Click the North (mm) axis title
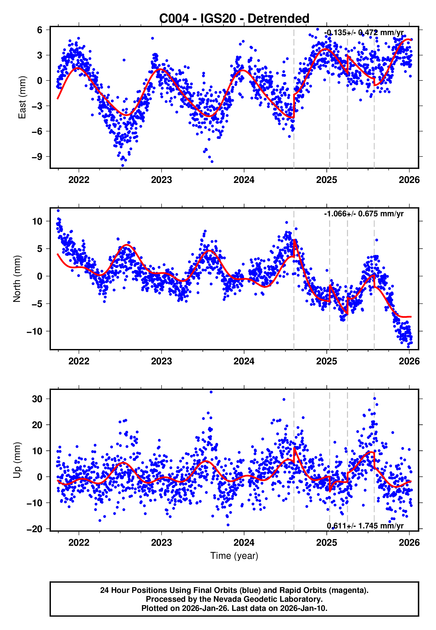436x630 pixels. [x=17, y=279]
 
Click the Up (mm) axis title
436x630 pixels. [x=17, y=460]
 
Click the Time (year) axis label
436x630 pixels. [x=234, y=556]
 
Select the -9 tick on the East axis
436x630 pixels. [x=37, y=157]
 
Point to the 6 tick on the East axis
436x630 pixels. [x=40, y=30]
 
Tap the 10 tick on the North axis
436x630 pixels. [x=37, y=221]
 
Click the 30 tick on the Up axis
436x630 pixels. [x=37, y=399]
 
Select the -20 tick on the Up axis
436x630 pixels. [x=35, y=529]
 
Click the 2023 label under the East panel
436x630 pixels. [x=162, y=180]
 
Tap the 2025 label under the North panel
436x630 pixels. [x=326, y=361]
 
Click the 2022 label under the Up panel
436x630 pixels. [x=79, y=542]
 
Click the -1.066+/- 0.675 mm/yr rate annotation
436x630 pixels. [x=364, y=214]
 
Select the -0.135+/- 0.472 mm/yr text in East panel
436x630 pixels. [x=364, y=32]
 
